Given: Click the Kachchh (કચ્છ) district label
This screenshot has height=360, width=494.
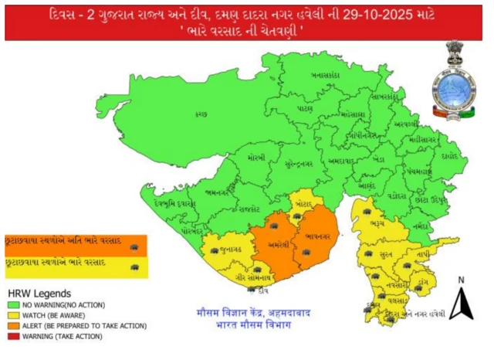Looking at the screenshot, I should click(x=201, y=114).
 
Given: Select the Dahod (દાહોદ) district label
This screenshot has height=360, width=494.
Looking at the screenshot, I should click(x=449, y=155).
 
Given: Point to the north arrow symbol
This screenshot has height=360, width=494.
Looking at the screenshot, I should click(x=461, y=301).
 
